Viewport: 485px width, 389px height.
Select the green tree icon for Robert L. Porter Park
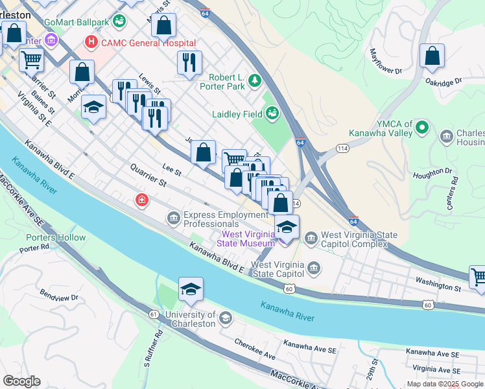[255, 80]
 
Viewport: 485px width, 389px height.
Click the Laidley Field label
[237, 114]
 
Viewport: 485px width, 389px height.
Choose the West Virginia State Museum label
[248, 239]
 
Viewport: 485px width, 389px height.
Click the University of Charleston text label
[181, 318]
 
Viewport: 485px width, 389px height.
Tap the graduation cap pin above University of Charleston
[191, 290]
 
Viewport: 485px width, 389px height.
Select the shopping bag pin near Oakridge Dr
[432, 57]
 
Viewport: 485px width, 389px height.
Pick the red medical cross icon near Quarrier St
[141, 200]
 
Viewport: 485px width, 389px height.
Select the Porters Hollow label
[56, 237]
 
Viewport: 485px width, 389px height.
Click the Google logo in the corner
[22, 381]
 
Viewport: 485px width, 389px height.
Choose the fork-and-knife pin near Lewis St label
[189, 63]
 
